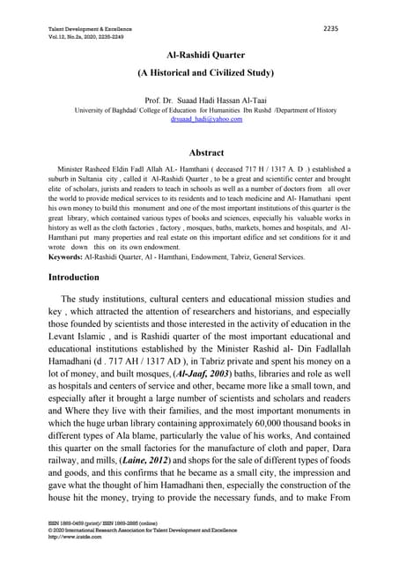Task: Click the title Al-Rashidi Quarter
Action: [199, 55]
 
